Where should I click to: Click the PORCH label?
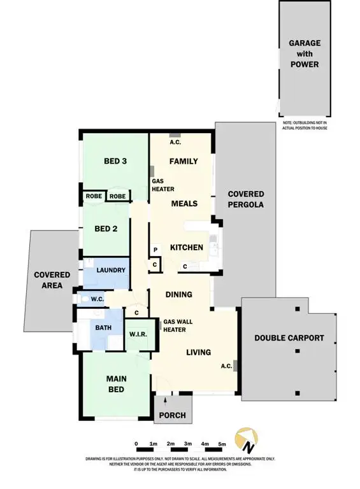pos(173,415)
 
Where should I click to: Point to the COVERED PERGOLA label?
pos(246,199)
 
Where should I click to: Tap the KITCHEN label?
pos(186,247)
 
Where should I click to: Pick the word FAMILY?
pos(184,161)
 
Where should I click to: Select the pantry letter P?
pos(155,250)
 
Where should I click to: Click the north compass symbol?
pos(246,440)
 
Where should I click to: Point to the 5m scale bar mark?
pos(222,444)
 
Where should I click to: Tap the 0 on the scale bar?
pos(136,444)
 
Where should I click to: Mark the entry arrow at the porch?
pos(165,401)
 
